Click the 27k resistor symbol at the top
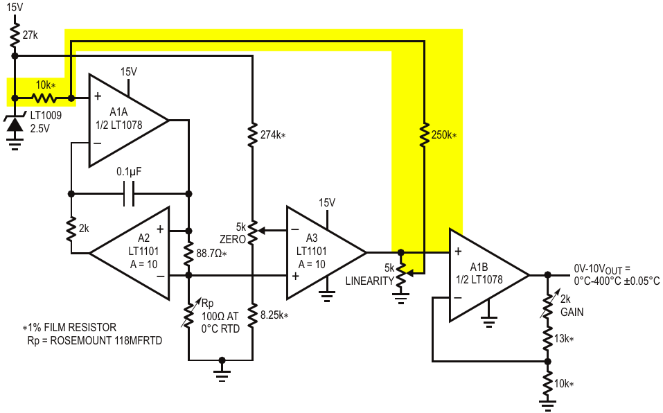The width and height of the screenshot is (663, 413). coord(15,35)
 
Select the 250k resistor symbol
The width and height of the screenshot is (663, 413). coord(424,135)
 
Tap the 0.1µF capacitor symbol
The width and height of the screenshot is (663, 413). coord(130,193)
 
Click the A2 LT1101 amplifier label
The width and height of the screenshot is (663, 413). coord(143,251)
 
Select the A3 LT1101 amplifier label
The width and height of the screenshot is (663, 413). coord(311,251)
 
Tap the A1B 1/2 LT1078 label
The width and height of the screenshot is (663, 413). coord(479,273)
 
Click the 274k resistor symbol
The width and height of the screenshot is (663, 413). coord(252,135)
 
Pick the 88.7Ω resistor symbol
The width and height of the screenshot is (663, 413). coord(189,253)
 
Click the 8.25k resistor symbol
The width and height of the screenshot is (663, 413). coord(252,315)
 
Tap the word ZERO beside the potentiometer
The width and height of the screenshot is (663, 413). coord(233,239)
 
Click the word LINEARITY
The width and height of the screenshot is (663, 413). coord(369,281)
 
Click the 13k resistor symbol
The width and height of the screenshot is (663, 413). coord(547,339)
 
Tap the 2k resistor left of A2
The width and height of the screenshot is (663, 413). coord(71,229)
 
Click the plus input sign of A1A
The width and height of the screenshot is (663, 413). coord(98,96)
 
